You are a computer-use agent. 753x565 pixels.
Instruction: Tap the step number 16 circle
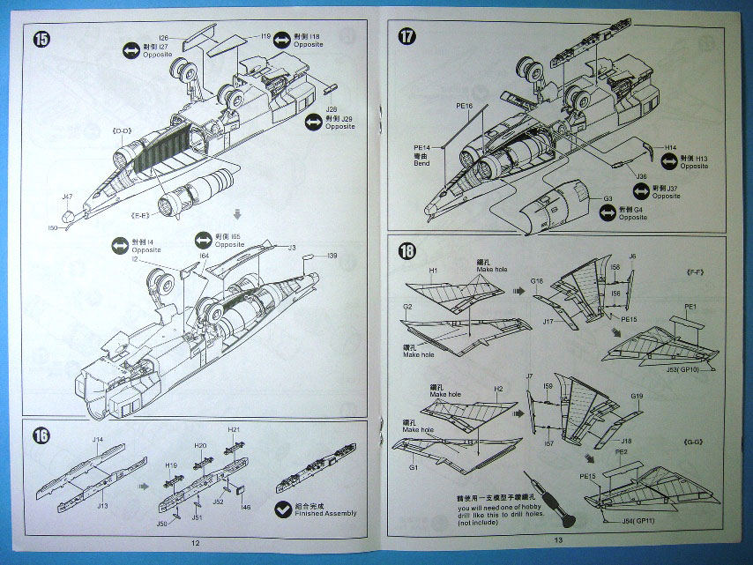click(41, 435)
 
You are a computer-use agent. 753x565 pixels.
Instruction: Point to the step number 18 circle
click(406, 250)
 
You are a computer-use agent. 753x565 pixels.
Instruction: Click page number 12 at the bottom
click(195, 542)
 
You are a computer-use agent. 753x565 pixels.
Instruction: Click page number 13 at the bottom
click(557, 540)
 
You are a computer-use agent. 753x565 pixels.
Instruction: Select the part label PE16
click(465, 106)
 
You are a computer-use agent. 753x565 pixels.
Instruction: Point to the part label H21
click(235, 429)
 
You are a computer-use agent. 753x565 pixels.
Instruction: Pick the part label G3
click(608, 200)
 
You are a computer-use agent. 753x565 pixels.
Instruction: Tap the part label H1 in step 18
click(433, 270)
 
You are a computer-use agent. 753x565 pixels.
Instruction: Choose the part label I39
click(331, 256)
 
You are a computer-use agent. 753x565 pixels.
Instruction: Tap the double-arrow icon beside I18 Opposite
click(282, 41)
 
